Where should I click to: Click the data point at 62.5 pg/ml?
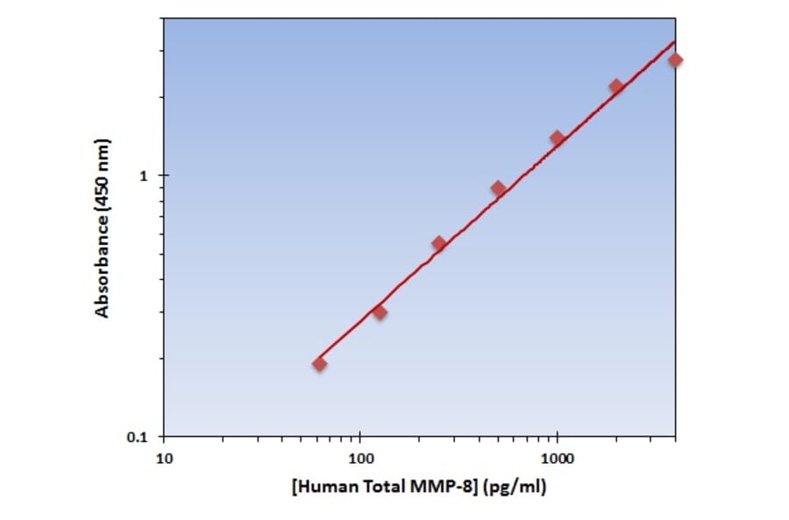pos(320,363)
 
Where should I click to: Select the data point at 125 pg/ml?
pos(380,312)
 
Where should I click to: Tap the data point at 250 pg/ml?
pos(439,243)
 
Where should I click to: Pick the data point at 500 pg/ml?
pos(499,188)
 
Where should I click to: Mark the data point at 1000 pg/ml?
pos(557,137)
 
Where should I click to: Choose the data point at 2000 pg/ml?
pos(616,86)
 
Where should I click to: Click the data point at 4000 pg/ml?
pos(675,60)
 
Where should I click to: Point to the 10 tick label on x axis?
pos(163,458)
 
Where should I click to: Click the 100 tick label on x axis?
pos(360,458)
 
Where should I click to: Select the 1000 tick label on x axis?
pos(557,458)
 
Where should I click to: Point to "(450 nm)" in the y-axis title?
pos(103,172)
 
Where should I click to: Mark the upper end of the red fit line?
pos(675,41)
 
